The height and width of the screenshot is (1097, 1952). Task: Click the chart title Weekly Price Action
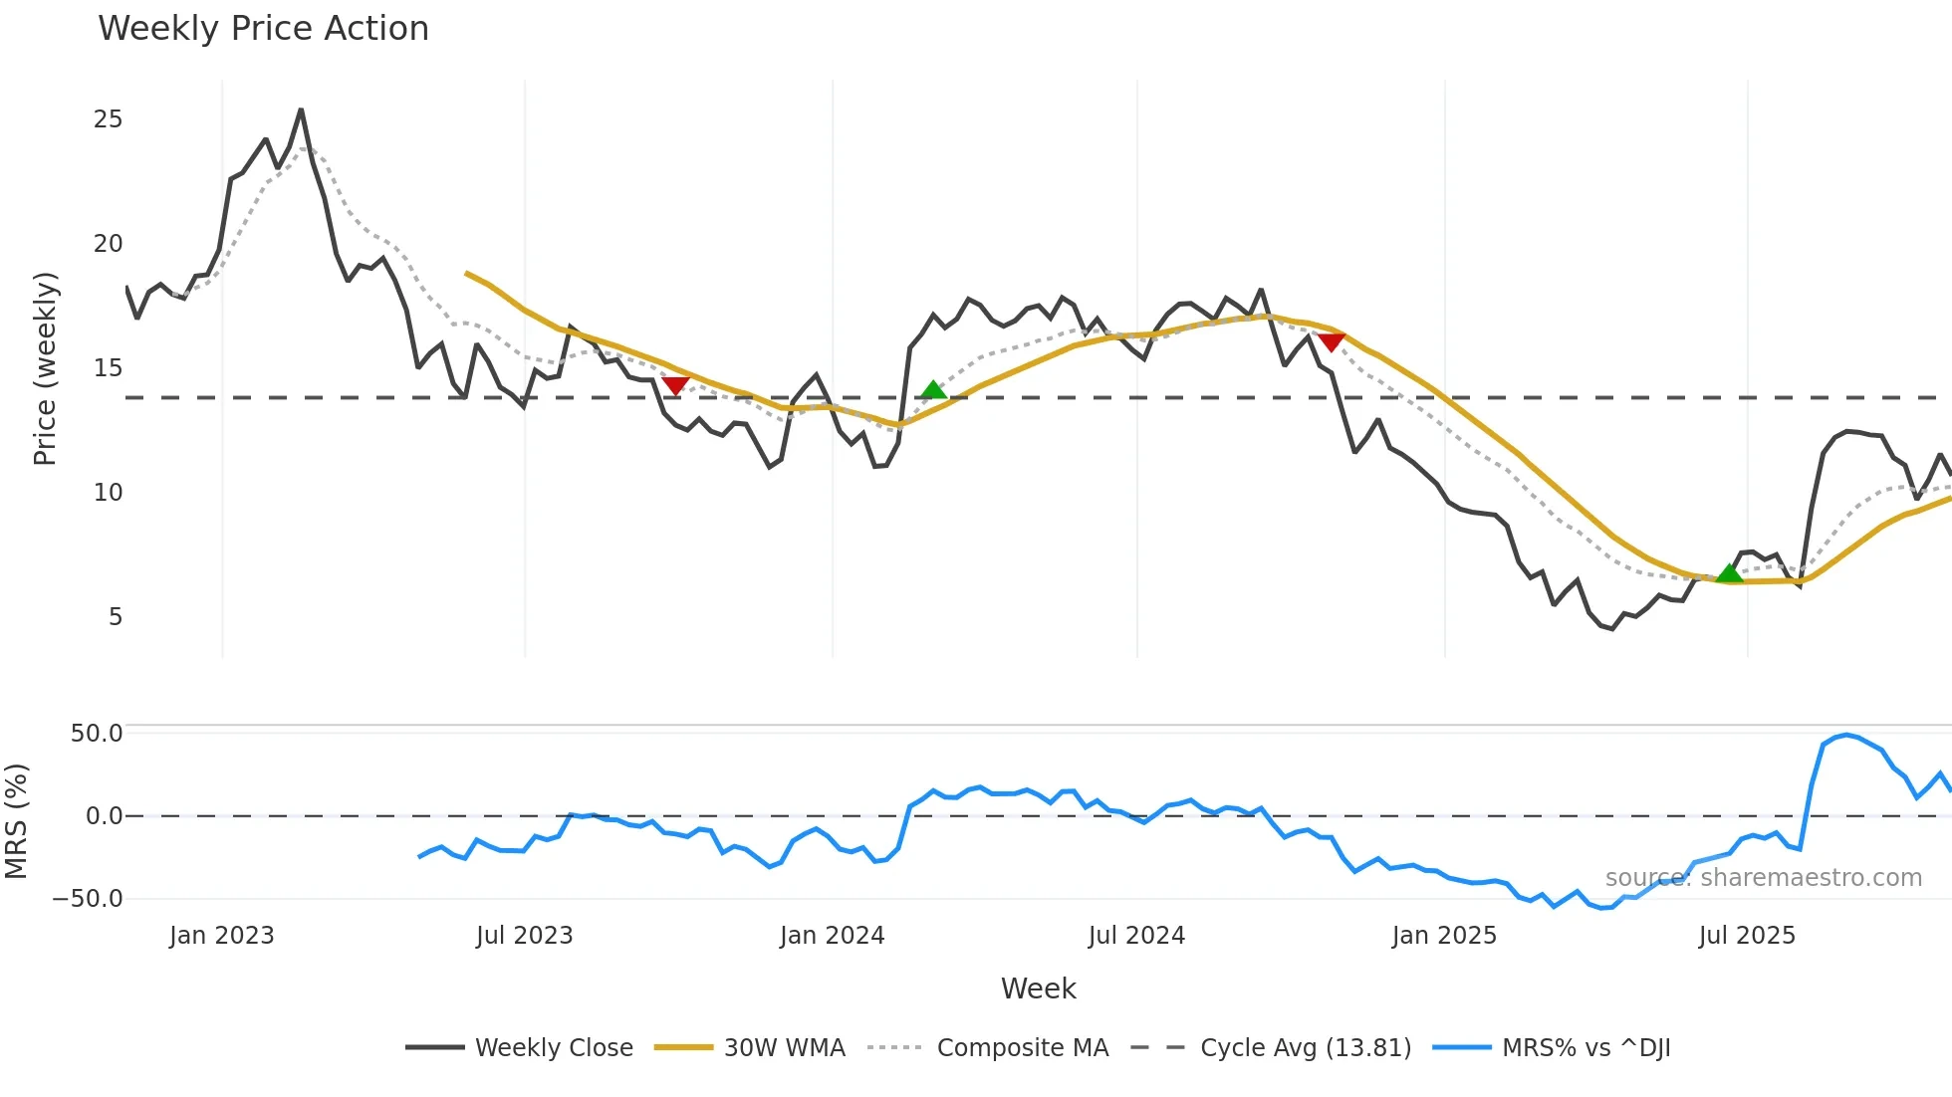(263, 29)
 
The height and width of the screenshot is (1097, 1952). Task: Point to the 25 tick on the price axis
(108, 119)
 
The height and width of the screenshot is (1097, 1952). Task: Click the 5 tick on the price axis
(116, 617)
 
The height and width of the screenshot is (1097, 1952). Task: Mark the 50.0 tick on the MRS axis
(97, 734)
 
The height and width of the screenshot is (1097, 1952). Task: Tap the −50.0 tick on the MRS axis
(88, 899)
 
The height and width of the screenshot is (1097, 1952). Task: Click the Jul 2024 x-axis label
(1136, 936)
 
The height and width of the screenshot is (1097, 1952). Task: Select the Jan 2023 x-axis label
(221, 936)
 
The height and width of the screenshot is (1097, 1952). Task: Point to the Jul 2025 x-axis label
(1747, 936)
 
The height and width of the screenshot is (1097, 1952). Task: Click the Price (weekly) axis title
(46, 368)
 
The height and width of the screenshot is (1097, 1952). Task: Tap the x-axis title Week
(1038, 988)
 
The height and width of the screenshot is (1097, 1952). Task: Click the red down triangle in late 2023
(675, 385)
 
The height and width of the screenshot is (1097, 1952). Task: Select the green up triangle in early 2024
(933, 390)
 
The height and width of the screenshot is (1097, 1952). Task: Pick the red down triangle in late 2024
(1332, 342)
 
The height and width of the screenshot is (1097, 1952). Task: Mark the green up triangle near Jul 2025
(1730, 573)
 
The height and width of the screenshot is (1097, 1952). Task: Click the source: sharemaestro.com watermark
(1763, 878)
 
